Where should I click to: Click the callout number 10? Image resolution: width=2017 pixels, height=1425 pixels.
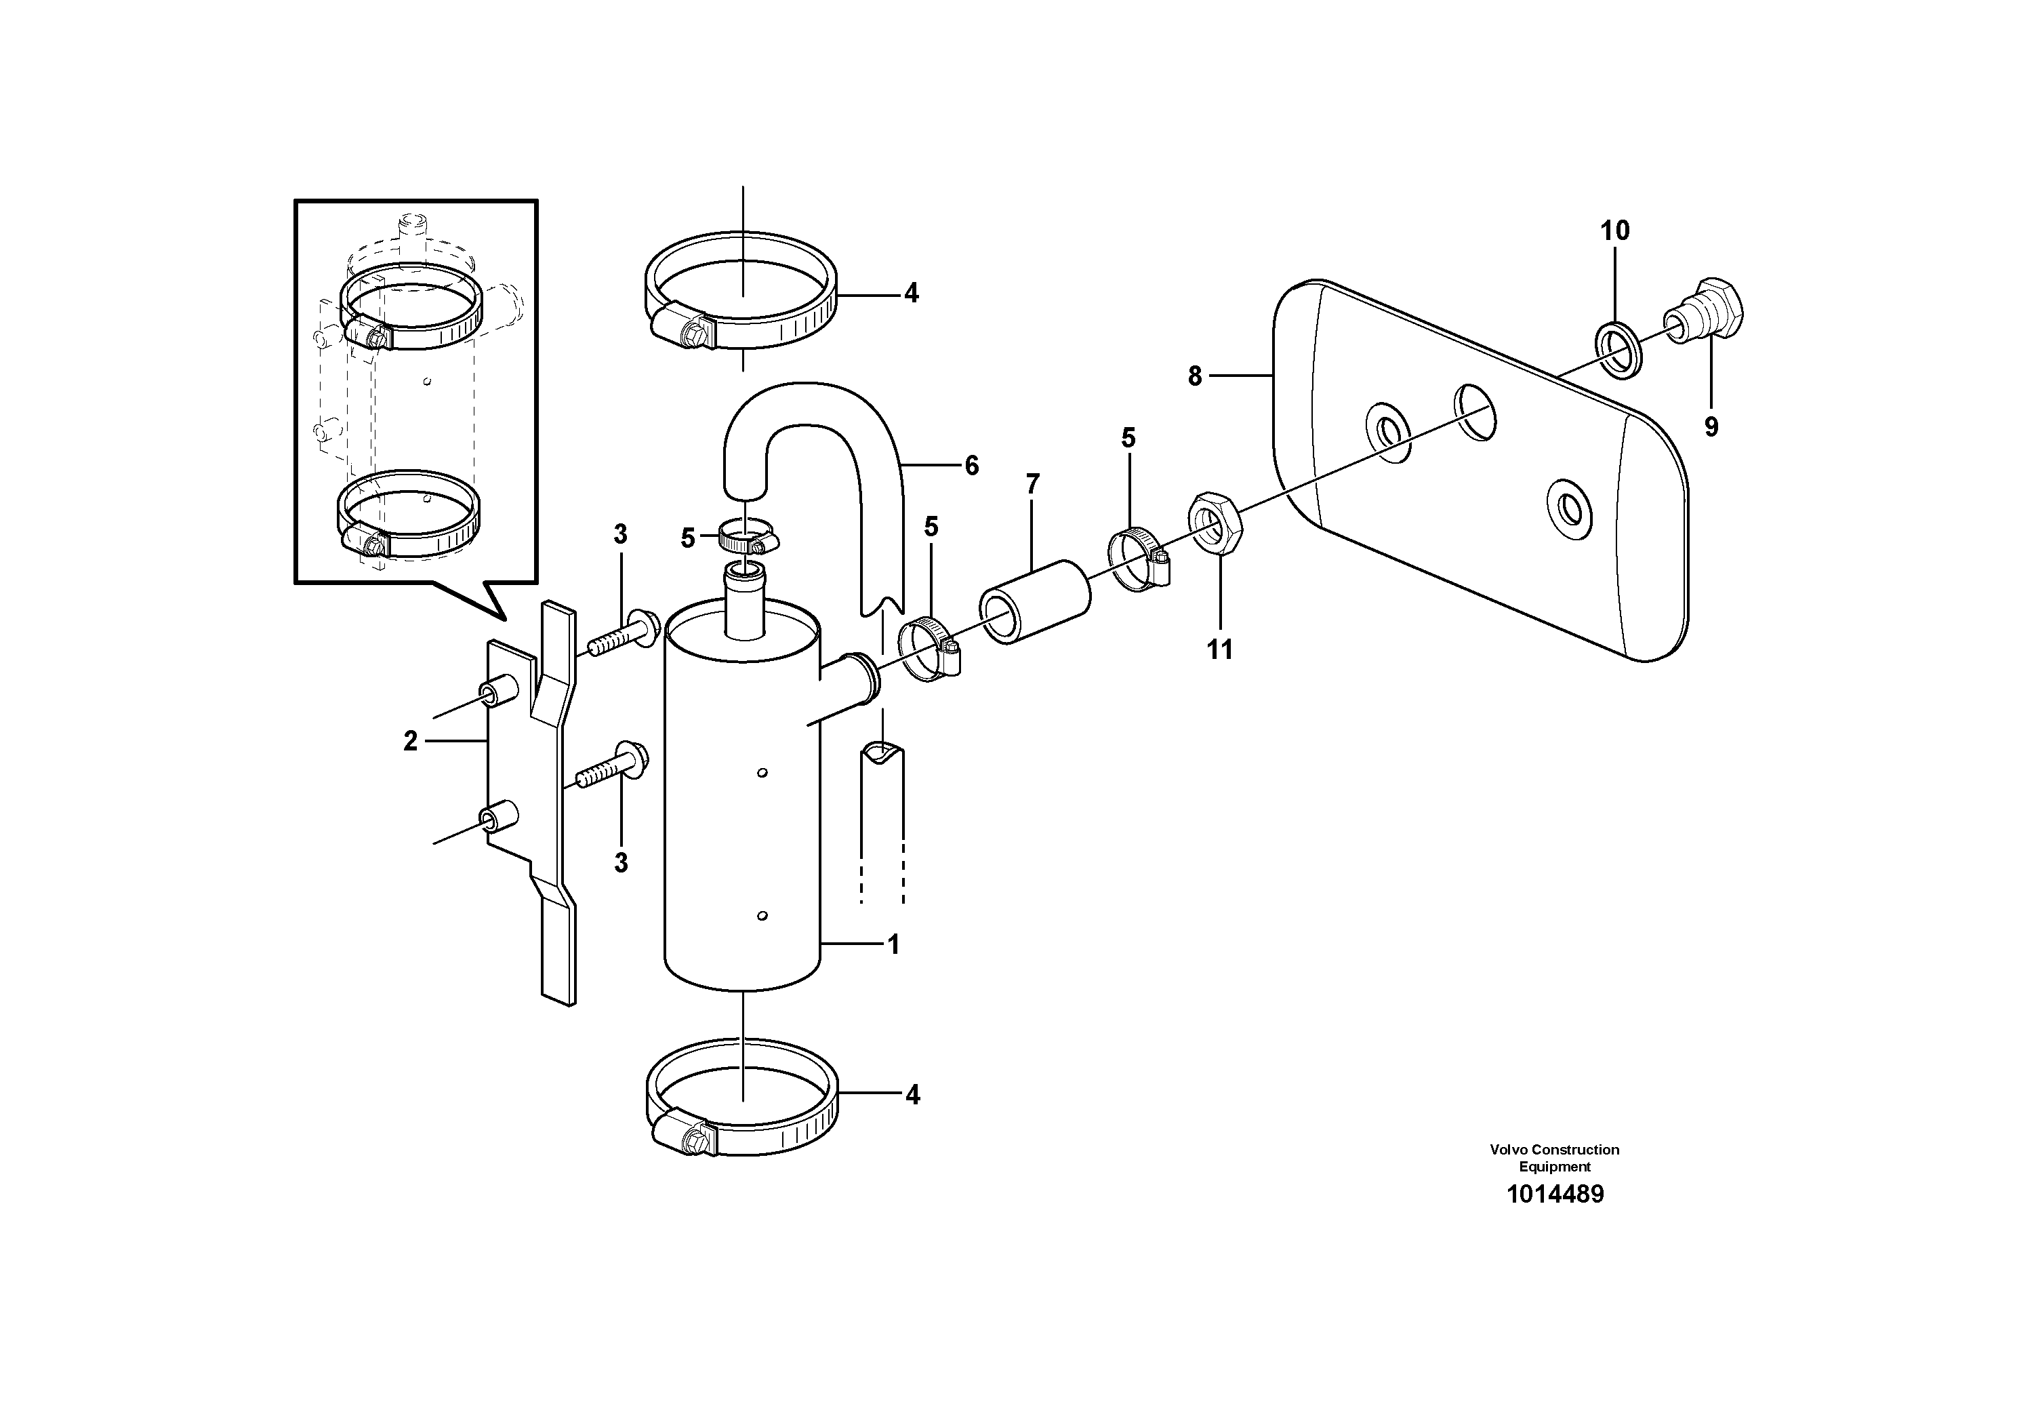1614,231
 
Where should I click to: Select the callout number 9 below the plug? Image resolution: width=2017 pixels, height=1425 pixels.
1711,427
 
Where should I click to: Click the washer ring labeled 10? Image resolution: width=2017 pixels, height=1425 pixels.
1617,350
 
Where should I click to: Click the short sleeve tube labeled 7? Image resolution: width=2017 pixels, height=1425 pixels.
1035,602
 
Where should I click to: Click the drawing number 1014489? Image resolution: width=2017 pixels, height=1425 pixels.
1555,1194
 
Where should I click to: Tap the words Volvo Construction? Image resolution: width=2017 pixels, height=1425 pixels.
1554,1149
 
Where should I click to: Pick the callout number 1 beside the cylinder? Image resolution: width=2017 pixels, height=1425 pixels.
893,944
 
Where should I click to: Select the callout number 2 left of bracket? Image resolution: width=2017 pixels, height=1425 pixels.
410,742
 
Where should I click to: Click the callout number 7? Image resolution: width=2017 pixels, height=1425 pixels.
1032,484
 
